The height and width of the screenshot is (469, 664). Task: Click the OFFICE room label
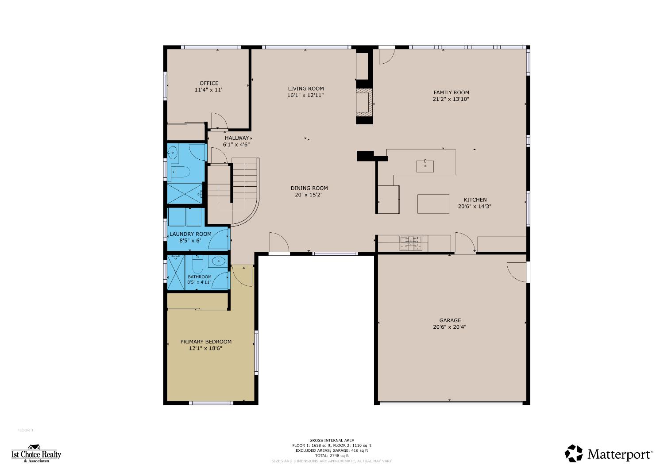(x=208, y=83)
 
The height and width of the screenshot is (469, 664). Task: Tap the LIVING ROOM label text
(x=305, y=88)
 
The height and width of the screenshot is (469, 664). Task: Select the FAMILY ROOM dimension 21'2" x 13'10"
(x=451, y=99)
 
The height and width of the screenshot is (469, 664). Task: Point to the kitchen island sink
(x=425, y=166)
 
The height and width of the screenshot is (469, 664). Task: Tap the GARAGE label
(x=450, y=320)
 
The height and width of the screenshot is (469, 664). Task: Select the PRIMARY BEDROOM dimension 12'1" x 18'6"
(x=205, y=348)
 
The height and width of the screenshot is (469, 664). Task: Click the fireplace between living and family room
(x=364, y=102)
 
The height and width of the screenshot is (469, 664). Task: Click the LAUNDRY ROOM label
(x=190, y=234)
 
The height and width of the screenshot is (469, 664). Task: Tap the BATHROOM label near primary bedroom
(x=199, y=277)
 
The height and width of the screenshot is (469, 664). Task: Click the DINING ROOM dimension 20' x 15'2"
(x=309, y=195)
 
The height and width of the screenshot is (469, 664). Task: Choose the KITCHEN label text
(x=475, y=200)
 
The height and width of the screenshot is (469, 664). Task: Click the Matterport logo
(x=608, y=454)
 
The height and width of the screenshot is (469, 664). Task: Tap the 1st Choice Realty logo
(x=36, y=454)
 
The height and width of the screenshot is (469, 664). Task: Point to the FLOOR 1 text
(x=25, y=430)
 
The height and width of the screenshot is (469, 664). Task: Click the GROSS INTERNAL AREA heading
(x=332, y=440)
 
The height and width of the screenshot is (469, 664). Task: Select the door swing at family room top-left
(x=385, y=57)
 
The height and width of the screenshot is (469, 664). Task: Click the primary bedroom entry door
(x=242, y=275)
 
